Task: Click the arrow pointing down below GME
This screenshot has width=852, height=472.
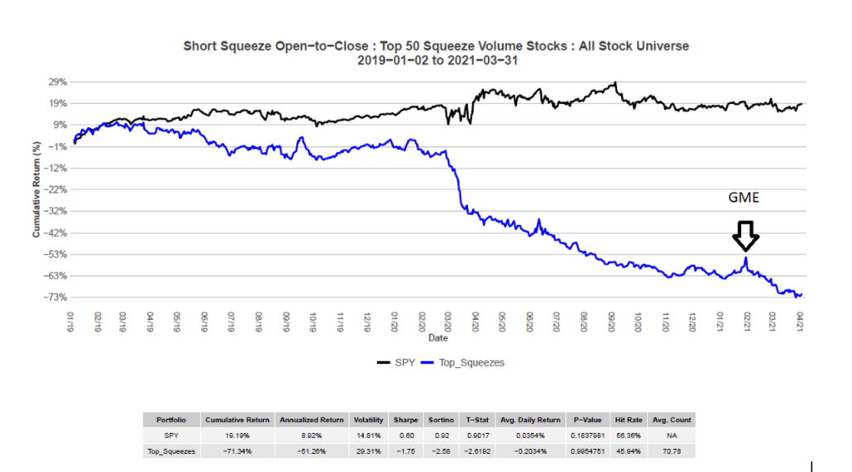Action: tap(745, 236)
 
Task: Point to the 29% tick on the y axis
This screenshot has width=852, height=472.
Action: tap(58, 82)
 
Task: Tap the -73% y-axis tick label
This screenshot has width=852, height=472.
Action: tap(55, 297)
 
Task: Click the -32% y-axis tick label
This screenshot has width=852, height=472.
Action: tap(55, 211)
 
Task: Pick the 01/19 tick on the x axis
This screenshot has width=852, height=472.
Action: tap(73, 320)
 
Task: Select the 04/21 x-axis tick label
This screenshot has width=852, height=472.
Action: tap(801, 320)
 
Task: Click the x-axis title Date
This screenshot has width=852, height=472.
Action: tap(438, 338)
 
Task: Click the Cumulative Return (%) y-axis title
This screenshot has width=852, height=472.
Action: tap(36, 189)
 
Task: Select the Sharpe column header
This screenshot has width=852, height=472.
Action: tap(404, 420)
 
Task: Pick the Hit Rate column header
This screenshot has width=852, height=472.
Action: tap(630, 420)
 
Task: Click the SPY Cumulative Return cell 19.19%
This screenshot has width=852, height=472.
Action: tap(237, 436)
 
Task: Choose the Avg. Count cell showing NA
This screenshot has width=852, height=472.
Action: tap(672, 436)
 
